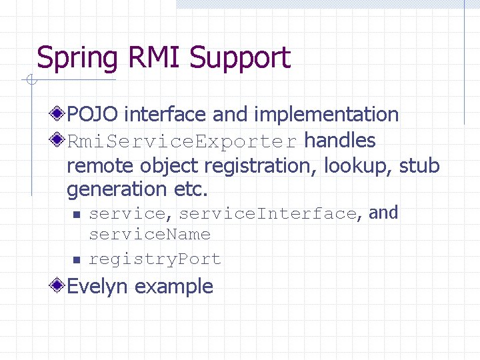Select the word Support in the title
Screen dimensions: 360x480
pyautogui.click(x=240, y=59)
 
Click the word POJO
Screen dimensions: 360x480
pyautogui.click(x=93, y=115)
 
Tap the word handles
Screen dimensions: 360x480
pyautogui.click(x=340, y=141)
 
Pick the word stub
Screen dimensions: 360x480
pyautogui.click(x=419, y=165)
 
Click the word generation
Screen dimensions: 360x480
pyautogui.click(x=117, y=190)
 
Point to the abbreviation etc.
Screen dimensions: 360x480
pyautogui.click(x=191, y=189)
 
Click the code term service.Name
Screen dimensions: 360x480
pyautogui.click(x=149, y=235)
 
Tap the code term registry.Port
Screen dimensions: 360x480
pyautogui.click(x=155, y=259)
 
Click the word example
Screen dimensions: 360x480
pyautogui.click(x=174, y=287)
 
